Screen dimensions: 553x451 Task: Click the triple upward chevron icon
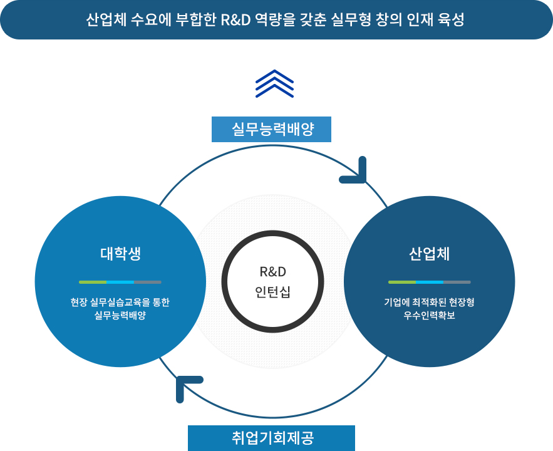(x=274, y=84)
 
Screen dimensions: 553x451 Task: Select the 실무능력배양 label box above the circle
(x=271, y=129)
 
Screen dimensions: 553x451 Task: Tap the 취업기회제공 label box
(x=271, y=438)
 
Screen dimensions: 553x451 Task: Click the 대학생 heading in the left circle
(x=121, y=254)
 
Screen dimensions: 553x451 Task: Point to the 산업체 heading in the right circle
(x=429, y=254)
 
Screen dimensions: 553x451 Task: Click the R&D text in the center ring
(x=272, y=272)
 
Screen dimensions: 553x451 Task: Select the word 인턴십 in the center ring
(x=272, y=292)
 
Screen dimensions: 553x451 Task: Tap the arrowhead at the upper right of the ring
(x=356, y=173)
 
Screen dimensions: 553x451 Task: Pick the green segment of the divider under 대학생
(x=93, y=282)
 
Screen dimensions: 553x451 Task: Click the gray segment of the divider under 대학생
(x=148, y=282)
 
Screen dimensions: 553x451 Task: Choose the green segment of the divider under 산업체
(x=402, y=282)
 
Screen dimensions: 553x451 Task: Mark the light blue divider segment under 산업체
(x=430, y=282)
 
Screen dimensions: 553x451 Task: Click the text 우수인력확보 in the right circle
(x=429, y=315)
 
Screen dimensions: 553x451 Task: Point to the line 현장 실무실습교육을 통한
(x=120, y=302)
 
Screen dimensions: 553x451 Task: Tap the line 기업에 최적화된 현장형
(x=429, y=302)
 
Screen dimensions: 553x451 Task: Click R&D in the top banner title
(x=235, y=20)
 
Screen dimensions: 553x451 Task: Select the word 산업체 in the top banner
(x=106, y=20)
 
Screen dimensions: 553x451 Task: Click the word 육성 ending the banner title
(x=451, y=20)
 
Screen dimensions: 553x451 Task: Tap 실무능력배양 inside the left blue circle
(x=120, y=315)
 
